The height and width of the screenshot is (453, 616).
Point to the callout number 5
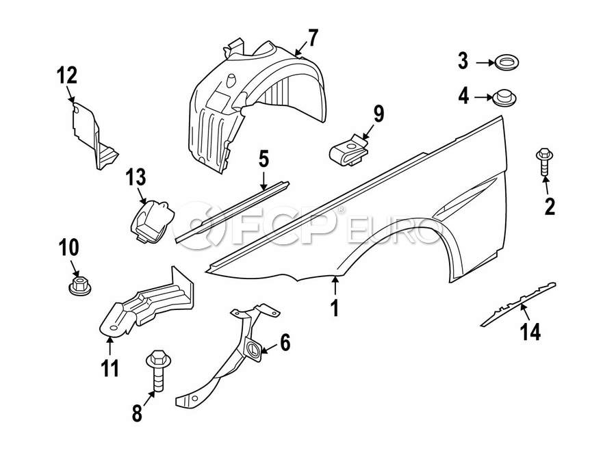coord(264,161)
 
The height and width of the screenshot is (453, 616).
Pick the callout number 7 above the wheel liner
coord(312,38)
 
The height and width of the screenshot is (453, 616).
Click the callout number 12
coord(68,75)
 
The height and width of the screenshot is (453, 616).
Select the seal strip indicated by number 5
coord(233,212)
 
